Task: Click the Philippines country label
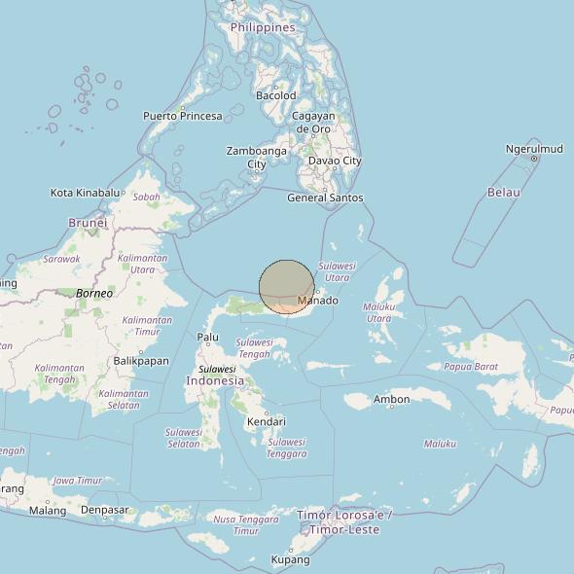[x=263, y=28]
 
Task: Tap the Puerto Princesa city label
[x=182, y=116]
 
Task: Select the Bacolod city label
[x=275, y=95]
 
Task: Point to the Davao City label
[x=335, y=161]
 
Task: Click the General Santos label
[x=325, y=197]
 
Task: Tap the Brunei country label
[x=88, y=223]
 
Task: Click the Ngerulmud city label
[x=534, y=149]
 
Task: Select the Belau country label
[x=504, y=193]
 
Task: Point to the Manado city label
[x=317, y=301]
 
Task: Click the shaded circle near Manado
[x=287, y=286]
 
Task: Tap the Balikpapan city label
[x=141, y=360]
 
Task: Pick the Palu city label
[x=207, y=338]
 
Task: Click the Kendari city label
[x=266, y=421]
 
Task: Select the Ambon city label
[x=391, y=399]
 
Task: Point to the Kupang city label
[x=290, y=559]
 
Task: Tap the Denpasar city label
[x=104, y=510]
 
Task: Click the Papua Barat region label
[x=471, y=367]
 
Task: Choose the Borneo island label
[x=94, y=293]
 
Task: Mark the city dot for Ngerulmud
[x=534, y=159]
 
